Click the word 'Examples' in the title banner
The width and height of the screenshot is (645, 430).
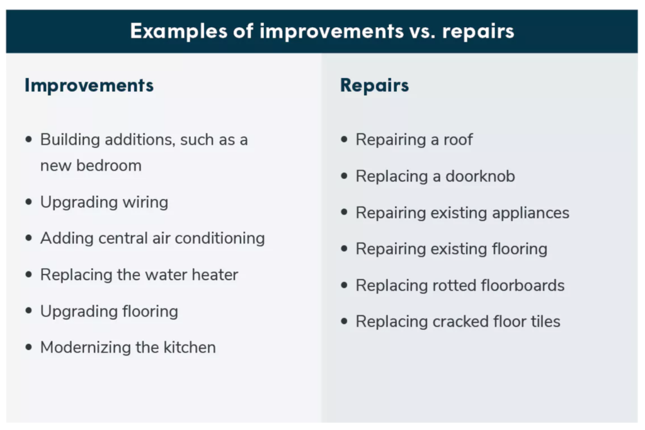(x=178, y=31)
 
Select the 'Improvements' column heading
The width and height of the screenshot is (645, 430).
(x=89, y=85)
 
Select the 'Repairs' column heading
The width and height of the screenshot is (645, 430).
(x=374, y=85)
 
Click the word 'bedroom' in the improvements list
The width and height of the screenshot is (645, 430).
(x=109, y=165)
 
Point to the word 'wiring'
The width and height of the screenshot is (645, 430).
(x=146, y=203)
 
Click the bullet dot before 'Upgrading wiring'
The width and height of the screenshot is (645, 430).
(x=28, y=202)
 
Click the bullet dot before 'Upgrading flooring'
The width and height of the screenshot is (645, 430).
(x=28, y=311)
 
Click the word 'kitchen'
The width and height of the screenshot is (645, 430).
(x=190, y=348)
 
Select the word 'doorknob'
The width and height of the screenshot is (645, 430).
(x=480, y=176)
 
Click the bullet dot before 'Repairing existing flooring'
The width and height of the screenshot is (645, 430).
(x=345, y=248)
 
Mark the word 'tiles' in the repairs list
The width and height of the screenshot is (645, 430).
(x=545, y=322)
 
